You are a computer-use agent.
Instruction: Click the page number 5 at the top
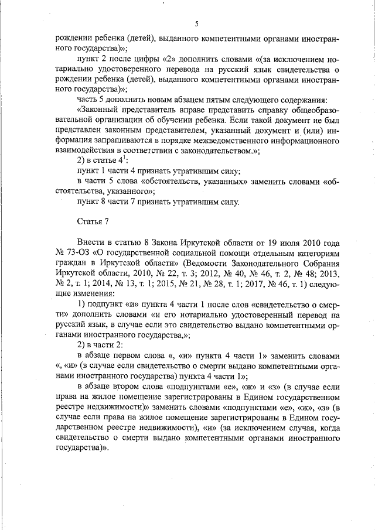197,23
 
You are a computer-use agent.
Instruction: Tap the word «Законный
98,110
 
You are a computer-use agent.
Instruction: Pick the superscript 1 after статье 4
124,158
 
